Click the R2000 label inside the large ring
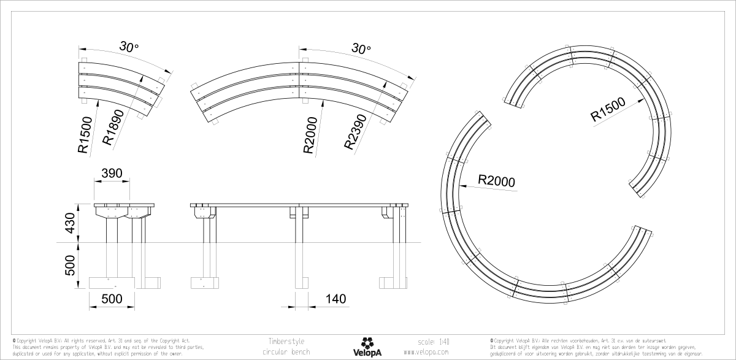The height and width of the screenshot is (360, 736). (496, 181)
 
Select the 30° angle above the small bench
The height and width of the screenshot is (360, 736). (129, 47)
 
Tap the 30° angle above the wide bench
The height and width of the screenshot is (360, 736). (361, 48)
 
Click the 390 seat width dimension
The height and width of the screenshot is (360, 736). (111, 174)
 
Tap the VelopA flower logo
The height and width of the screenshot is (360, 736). (367, 342)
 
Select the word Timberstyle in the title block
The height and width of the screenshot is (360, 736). (286, 341)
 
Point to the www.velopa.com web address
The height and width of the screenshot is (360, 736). (427, 353)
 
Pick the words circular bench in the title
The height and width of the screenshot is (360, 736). (285, 353)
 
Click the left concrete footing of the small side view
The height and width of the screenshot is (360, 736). (111, 282)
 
